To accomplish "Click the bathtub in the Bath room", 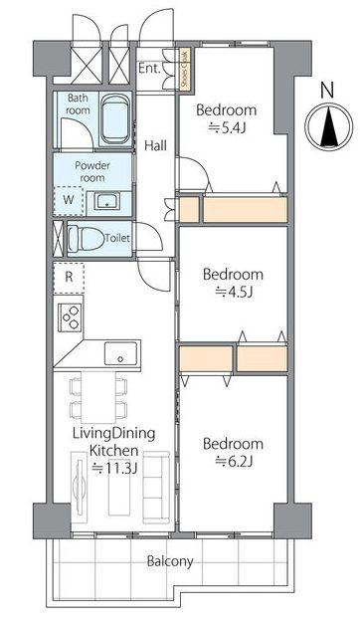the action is (x=115, y=120).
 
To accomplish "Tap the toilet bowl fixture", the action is (x=85, y=239).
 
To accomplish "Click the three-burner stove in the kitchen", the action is (x=70, y=317).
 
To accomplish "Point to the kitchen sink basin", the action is (x=120, y=353).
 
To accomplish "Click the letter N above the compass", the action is (x=326, y=91).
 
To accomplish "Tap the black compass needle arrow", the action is (x=329, y=127).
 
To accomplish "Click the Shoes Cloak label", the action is (x=185, y=69).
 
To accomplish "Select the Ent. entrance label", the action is (x=149, y=69).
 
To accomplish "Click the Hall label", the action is (x=155, y=146).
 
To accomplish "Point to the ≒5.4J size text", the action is (x=226, y=128).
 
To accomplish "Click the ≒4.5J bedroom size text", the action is (x=234, y=293).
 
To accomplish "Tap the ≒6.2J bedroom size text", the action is (x=234, y=462).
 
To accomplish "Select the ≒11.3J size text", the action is (x=114, y=468).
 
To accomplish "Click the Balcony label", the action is (x=170, y=561).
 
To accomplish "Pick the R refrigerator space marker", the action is (x=69, y=277).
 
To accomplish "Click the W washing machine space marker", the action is (x=69, y=200).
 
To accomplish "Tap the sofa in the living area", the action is (x=156, y=487).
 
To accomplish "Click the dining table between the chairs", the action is (x=98, y=397).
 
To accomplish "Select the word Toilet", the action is (x=117, y=238).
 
